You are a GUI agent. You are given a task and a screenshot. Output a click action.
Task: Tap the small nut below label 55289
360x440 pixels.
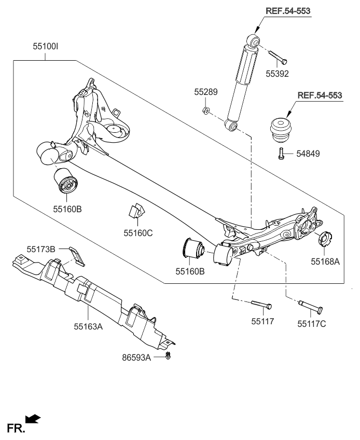point(205,110)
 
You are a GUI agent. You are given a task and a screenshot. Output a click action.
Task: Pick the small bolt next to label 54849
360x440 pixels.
point(281,154)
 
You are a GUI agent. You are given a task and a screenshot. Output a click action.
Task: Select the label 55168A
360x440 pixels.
point(325,262)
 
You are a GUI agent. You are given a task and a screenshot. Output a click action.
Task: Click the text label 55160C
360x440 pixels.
point(139,233)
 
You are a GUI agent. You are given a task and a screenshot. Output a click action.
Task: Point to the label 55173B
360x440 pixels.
point(40,250)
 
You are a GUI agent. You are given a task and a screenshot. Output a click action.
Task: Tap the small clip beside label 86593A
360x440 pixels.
point(170,356)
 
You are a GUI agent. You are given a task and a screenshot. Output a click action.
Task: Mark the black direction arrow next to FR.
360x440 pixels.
point(33,419)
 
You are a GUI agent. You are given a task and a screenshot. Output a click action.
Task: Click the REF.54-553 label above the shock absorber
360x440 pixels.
point(290,11)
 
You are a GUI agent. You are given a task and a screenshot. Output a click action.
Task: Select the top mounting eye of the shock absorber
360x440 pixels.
point(253,39)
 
